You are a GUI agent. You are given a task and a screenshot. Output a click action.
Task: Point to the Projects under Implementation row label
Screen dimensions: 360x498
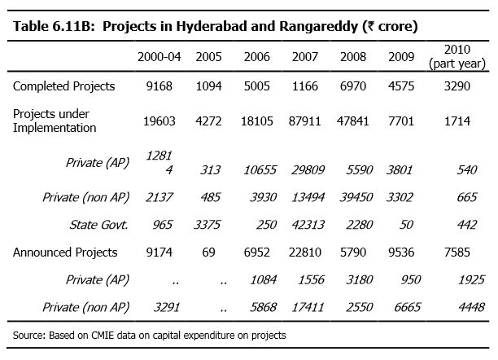54,121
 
